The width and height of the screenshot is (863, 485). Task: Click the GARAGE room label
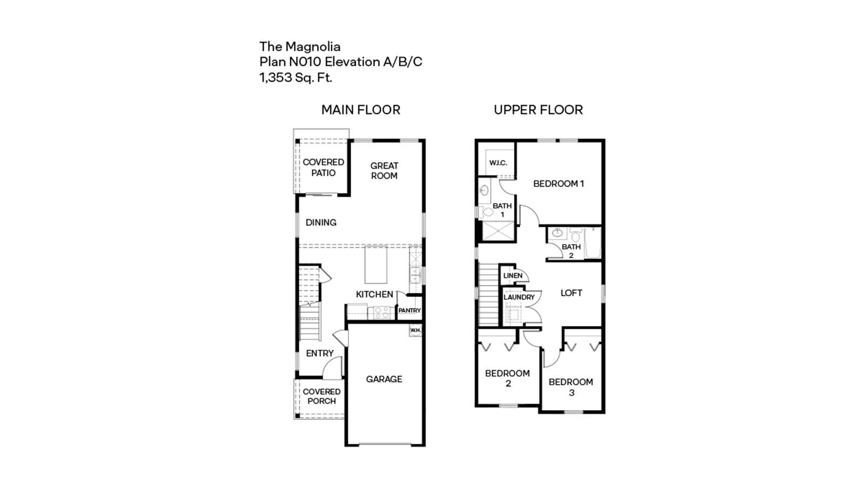(384, 379)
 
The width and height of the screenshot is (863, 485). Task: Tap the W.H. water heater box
(415, 330)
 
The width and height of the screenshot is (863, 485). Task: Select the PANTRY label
(409, 310)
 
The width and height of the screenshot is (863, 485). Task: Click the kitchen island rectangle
(376, 265)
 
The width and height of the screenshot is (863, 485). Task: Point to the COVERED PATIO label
(323, 168)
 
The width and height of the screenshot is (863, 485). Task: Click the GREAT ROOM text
(384, 171)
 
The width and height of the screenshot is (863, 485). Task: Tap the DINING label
(321, 223)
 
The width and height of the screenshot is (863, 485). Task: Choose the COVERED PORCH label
(321, 396)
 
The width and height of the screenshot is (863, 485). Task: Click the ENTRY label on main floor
(320, 354)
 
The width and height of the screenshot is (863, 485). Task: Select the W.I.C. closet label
(498, 163)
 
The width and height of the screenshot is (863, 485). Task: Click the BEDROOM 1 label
(558, 184)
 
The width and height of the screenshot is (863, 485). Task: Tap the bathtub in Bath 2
(593, 244)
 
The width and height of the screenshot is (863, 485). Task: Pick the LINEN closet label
(512, 276)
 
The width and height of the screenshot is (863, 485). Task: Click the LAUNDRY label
(519, 297)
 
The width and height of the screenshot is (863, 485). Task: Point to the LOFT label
(571, 293)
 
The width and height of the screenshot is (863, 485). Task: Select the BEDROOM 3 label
(571, 387)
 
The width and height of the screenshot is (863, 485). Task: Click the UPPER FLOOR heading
(538, 110)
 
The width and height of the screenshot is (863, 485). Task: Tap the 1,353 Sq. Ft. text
(296, 78)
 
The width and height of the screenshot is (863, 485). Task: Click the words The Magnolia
(300, 46)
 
